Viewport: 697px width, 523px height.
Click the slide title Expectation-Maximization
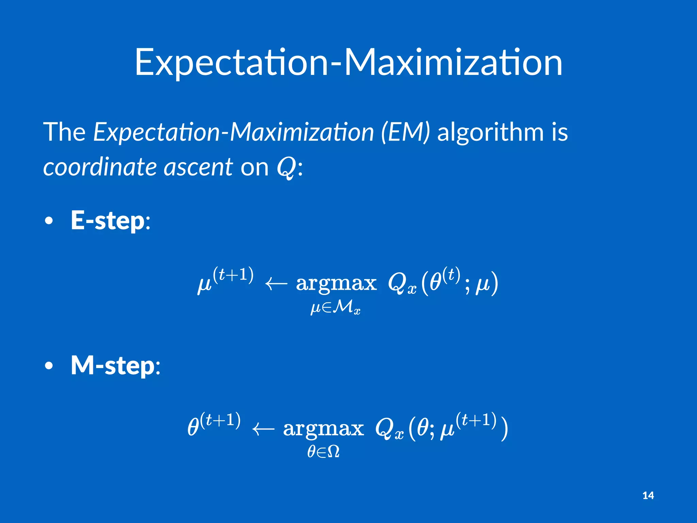[x=348, y=63]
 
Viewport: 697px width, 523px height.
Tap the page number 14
[x=648, y=495]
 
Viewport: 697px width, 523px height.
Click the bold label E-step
[x=108, y=221]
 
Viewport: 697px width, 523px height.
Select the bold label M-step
[x=113, y=366]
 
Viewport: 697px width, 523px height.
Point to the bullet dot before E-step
[x=49, y=221]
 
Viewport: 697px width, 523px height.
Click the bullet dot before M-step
[x=49, y=366]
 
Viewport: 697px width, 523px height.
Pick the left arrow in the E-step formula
[x=276, y=283]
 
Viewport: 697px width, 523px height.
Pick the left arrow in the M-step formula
[x=263, y=429]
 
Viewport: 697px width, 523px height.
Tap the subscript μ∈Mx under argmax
[x=336, y=308]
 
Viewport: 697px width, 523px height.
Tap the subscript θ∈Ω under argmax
[x=323, y=452]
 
